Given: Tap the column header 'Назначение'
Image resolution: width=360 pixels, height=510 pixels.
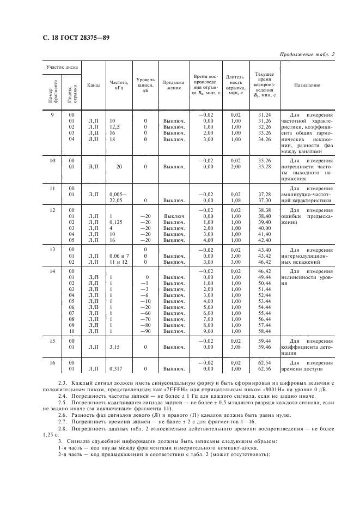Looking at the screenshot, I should [307, 85].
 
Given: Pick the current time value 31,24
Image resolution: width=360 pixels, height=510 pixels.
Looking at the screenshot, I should [264, 114].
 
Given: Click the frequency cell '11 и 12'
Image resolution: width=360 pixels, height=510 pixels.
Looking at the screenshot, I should [118, 262].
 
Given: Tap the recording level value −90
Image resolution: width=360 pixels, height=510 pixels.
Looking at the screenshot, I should [144, 331].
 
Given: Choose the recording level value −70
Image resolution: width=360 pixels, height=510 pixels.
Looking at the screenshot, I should [144, 319].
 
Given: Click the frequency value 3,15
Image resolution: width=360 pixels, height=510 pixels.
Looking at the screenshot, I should [114, 346].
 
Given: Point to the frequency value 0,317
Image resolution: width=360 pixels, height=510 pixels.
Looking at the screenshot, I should [116, 369].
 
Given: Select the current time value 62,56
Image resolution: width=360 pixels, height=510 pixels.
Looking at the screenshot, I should [264, 369].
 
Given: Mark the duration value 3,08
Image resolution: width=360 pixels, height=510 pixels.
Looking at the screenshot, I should [235, 346].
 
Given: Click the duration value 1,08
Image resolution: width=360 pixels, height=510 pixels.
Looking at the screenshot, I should [235, 200].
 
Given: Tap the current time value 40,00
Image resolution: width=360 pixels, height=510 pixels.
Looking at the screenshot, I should [264, 228].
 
